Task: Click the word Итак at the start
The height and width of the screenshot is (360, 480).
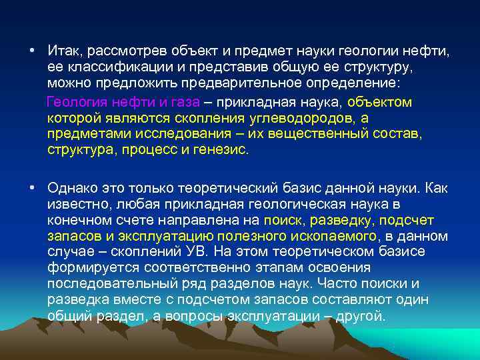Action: coord(63,51)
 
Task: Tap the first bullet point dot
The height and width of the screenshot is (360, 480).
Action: coord(31,51)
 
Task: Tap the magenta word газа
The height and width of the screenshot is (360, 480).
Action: coord(185,102)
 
